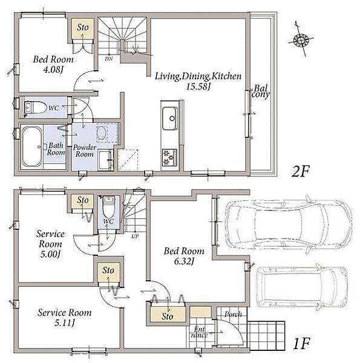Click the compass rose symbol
301,40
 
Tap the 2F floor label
300,172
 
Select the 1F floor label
301,344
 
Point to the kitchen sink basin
170,119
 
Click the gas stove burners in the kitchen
169,157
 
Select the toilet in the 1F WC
108,206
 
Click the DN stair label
109,59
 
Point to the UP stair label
135,237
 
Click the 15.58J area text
198,87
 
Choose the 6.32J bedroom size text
184,261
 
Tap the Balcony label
261,91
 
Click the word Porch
233,314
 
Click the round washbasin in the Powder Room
101,132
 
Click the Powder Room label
85,151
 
